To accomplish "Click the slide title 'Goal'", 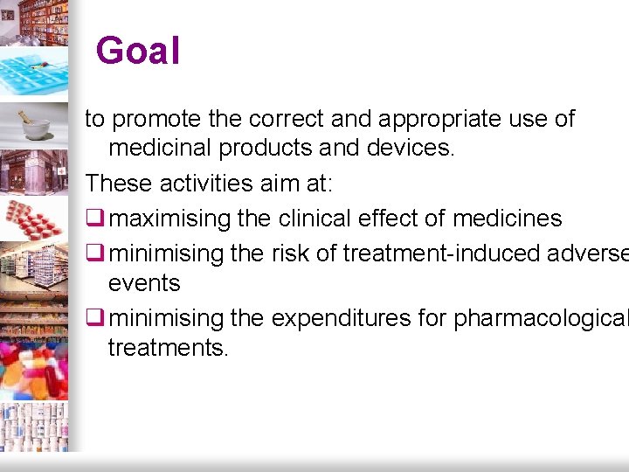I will coord(138,51).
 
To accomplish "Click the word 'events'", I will coord(144,283).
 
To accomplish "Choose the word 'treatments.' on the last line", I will coord(169,348).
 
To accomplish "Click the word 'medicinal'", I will coord(160,149).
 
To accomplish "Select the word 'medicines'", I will coord(508,218).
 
